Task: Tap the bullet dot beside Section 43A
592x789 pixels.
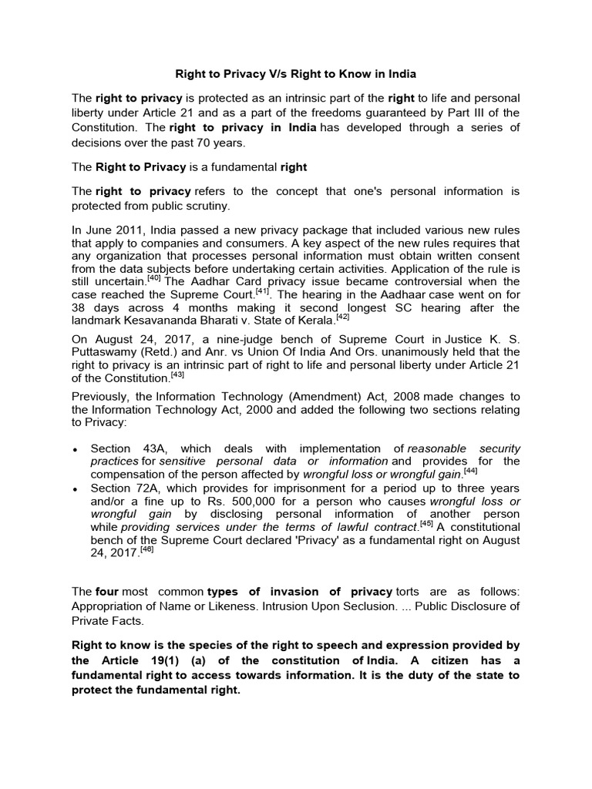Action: [74, 449]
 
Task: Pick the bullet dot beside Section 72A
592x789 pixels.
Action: [74, 489]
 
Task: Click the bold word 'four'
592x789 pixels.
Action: [107, 592]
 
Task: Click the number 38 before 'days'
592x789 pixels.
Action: [79, 308]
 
